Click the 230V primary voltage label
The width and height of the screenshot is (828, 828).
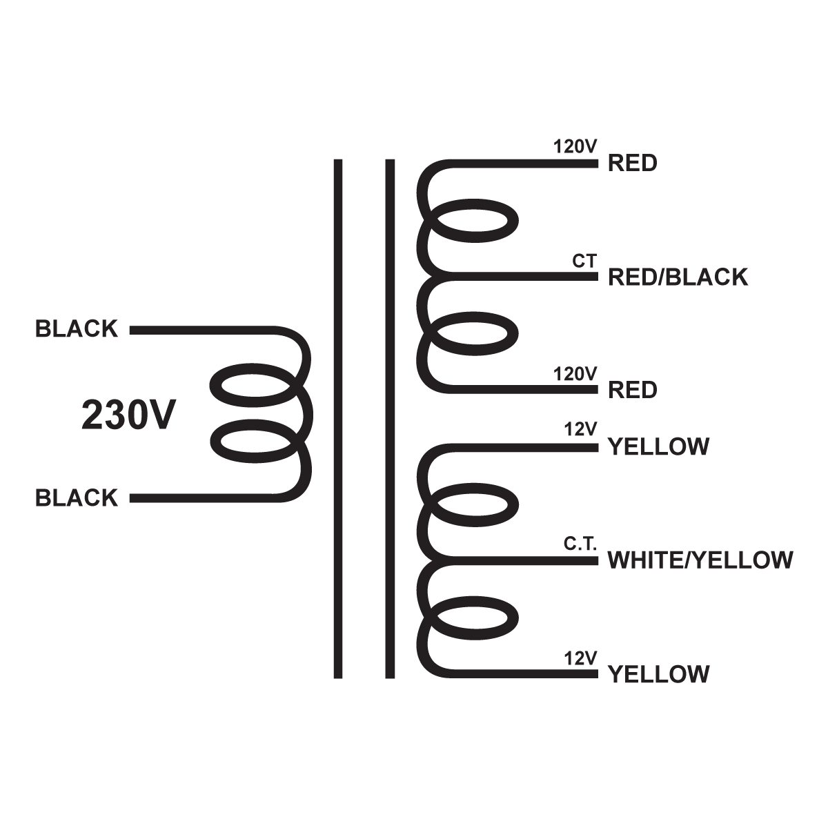[x=129, y=415]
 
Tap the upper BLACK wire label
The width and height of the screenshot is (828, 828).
[x=77, y=329]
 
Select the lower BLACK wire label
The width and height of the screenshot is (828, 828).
[x=77, y=497]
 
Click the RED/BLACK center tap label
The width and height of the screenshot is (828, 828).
[x=678, y=277]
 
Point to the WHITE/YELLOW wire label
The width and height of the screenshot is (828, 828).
[x=700, y=560]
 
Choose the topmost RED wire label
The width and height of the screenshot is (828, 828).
[x=632, y=164]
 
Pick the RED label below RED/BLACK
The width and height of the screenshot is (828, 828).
[x=632, y=390]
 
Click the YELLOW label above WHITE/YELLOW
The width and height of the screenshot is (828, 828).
[x=658, y=446]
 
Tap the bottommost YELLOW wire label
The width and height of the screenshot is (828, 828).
[x=658, y=673]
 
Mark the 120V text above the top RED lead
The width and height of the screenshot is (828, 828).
[x=575, y=147]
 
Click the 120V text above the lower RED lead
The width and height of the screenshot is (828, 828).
[x=575, y=374]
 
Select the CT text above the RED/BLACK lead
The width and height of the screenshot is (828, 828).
[x=584, y=262]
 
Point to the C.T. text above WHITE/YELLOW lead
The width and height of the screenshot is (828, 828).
[x=580, y=544]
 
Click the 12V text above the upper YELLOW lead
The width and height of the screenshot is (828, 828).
[x=580, y=429]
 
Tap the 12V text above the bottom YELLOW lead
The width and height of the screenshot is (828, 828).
[x=580, y=658]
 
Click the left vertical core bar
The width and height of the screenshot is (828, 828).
[x=338, y=418]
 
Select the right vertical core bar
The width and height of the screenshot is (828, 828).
[x=390, y=418]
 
